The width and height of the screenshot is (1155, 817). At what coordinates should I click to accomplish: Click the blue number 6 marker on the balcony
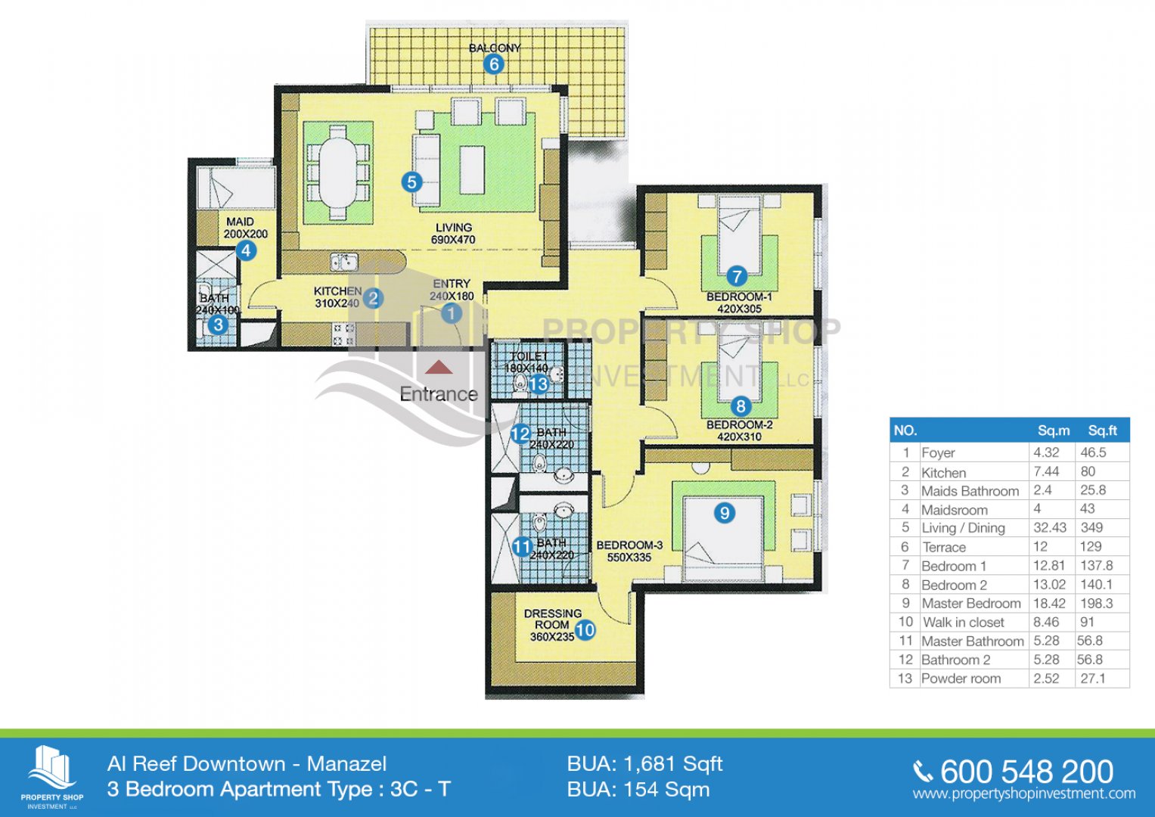pos(493,64)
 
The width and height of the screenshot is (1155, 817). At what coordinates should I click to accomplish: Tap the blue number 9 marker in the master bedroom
pos(725,513)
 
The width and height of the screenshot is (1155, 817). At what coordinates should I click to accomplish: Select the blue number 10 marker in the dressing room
pos(585,629)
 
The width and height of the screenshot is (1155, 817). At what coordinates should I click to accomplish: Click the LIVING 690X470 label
pos(454,233)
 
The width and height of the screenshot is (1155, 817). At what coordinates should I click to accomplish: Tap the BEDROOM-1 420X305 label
pos(740,303)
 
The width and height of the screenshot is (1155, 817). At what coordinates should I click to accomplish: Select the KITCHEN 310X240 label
pos(338,297)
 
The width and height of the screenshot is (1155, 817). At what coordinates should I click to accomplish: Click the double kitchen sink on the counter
pos(344,262)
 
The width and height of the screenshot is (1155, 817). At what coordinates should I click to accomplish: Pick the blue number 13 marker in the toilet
pos(538,384)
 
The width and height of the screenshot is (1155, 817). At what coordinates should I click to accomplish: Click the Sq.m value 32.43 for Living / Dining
pos(1049,528)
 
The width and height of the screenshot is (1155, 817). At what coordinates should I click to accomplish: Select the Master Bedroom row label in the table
pos(971,603)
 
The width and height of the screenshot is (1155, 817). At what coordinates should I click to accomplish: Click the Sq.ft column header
pos(1102,430)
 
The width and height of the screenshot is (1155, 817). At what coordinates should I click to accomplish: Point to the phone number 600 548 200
pos(1026,772)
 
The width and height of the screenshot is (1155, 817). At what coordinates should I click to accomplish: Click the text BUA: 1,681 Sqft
pos(644,763)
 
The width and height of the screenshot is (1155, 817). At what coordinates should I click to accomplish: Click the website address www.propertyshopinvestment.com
pos(1024,794)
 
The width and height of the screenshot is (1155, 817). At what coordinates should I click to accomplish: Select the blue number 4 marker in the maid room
pos(246,250)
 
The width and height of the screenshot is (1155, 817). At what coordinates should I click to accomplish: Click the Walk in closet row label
pos(963,622)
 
